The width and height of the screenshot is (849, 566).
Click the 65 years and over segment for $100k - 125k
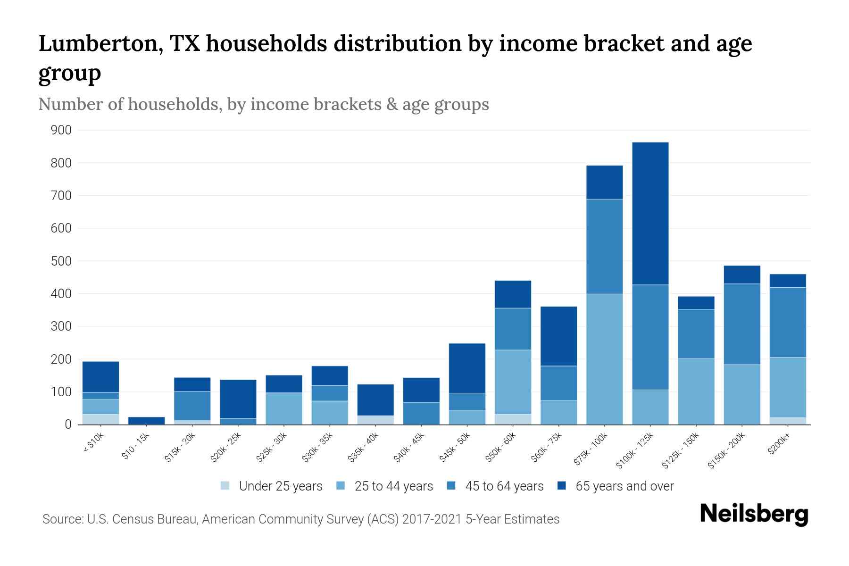650,213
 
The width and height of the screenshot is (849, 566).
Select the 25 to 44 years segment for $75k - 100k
604,359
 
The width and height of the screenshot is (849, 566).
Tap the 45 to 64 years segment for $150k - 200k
742,324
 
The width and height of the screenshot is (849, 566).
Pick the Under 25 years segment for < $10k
100,419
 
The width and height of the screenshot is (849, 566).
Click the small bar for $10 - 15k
146,420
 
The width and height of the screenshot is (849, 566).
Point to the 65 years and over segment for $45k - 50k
467,368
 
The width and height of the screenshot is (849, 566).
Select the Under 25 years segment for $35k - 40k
375,420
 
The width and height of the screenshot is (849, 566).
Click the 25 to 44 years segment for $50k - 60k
513,382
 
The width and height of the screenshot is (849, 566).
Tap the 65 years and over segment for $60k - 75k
558,336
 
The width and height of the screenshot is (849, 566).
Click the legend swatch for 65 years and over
562,486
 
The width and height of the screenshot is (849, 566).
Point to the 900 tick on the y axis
61,130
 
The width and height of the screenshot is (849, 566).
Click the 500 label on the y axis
61,261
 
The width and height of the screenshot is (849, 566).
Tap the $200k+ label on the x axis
779,445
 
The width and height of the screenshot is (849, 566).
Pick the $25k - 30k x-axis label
271,448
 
